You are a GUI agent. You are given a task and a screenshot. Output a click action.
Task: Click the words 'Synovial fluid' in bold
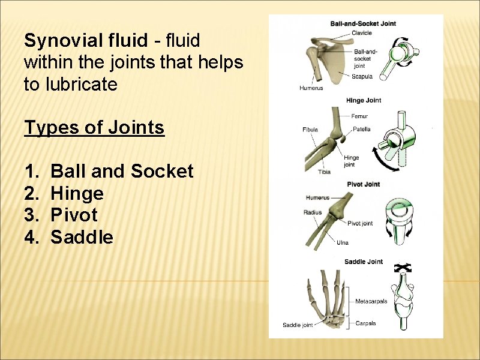[85, 41]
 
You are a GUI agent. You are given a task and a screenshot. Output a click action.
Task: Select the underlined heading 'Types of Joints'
[94, 127]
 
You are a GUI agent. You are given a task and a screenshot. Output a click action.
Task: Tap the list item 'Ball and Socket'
[122, 172]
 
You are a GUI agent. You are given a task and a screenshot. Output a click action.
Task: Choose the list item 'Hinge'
[77, 193]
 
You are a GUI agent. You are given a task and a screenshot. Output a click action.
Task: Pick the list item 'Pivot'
[74, 215]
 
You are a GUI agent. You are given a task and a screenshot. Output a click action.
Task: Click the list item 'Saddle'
[82, 237]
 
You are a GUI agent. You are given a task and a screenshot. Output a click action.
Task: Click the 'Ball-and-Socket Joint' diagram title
[363, 24]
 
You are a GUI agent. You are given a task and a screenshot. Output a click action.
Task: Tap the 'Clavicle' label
[362, 33]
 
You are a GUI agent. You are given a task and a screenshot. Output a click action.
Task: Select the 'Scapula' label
[362, 76]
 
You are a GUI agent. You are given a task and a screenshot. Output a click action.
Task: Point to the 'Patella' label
[361, 129]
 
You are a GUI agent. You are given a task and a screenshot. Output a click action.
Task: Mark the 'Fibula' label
[310, 130]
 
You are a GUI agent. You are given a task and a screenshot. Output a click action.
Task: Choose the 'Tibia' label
[324, 172]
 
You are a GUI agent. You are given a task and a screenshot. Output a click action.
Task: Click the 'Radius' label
[313, 212]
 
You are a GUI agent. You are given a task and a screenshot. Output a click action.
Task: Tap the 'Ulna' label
[343, 242]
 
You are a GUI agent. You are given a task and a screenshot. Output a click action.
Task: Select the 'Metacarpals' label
[371, 301]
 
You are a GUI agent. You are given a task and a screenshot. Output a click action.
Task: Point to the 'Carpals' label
[365, 323]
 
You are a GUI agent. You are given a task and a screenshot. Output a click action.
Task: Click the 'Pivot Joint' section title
[364, 184]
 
